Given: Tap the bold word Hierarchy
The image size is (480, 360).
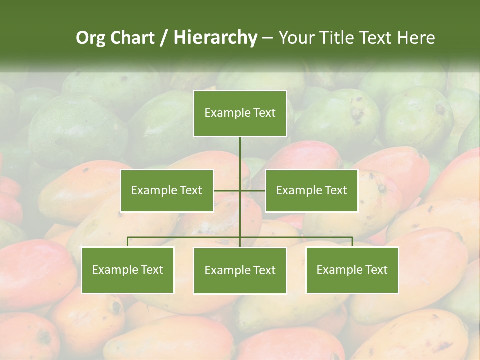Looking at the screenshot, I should tap(215, 38).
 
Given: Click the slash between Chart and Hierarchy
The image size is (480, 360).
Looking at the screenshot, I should tap(164, 38).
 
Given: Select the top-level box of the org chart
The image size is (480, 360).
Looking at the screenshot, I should tap(240, 113).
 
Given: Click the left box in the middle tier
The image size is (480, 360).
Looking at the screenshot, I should tap(167, 190).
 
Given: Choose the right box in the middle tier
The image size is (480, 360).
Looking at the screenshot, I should tap(311, 190).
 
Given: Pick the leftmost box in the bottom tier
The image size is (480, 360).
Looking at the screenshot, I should tap(127, 270).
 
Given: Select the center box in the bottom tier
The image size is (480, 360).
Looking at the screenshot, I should tap(240, 270).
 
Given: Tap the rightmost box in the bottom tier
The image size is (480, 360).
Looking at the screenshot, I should tap(352, 270).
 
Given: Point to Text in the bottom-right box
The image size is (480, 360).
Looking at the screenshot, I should tap(376, 270).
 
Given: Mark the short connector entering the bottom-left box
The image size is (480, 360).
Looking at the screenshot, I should tap(127, 242).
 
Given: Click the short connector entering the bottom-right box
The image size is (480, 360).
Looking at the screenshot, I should tap(352, 242).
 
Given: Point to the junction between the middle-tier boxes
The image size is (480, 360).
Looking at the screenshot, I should tap(240, 190).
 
